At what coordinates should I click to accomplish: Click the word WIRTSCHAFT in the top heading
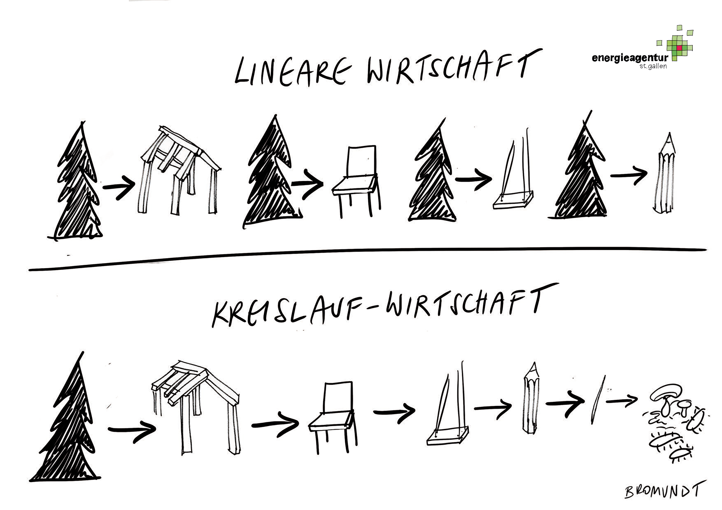coord(454,66)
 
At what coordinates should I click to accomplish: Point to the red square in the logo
coord(679,48)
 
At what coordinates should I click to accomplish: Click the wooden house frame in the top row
coord(179,170)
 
